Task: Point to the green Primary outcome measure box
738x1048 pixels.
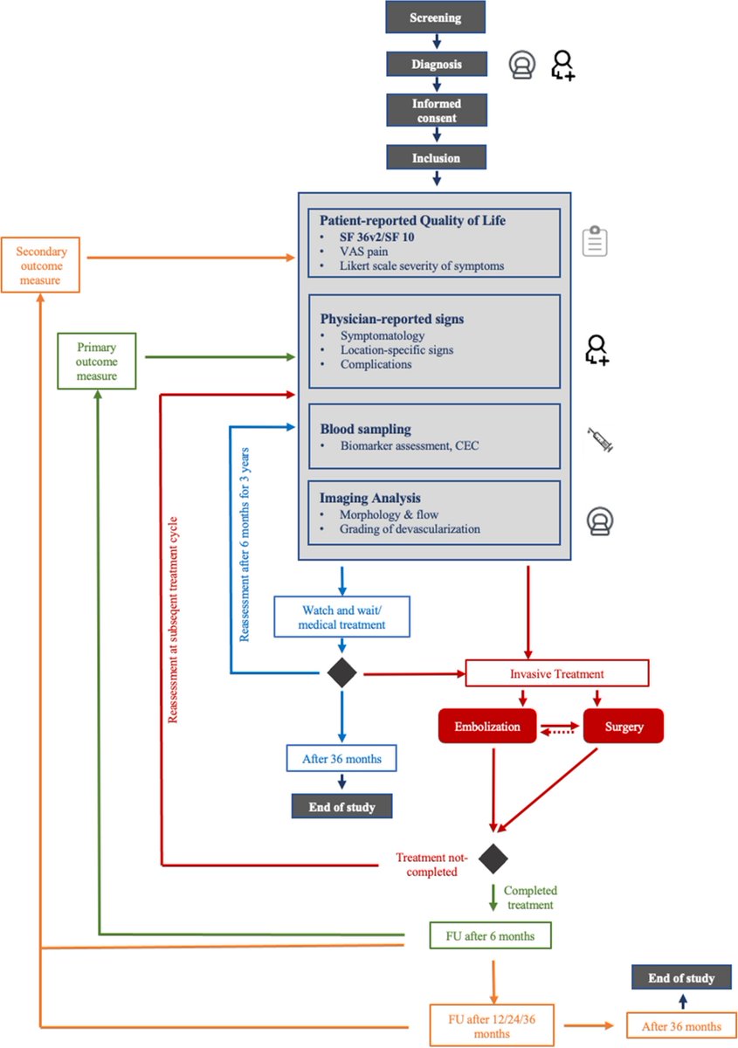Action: (96, 360)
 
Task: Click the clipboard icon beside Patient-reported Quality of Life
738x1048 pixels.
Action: (595, 241)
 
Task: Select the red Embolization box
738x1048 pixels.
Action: (486, 726)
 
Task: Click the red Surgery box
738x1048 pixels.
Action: (622, 726)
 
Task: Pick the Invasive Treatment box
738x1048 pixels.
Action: (557, 673)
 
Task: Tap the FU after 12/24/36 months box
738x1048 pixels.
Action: (493, 1026)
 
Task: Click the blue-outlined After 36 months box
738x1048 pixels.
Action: (341, 758)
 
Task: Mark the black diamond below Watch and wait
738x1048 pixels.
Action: (341, 673)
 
